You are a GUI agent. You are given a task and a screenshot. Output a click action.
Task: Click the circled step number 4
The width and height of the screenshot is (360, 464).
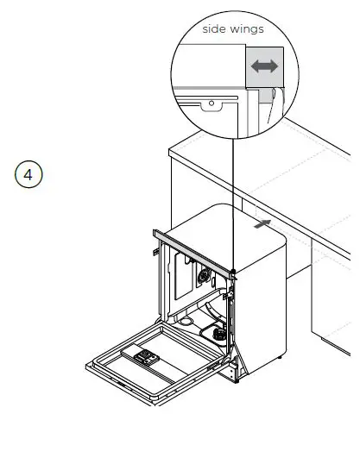tap(28, 174)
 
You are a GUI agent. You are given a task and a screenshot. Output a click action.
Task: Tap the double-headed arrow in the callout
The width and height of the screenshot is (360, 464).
tap(263, 66)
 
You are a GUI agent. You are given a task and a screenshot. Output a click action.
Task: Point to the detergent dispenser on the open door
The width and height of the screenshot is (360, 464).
tap(140, 354)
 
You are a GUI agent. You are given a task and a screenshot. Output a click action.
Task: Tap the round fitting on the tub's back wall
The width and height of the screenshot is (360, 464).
tap(205, 277)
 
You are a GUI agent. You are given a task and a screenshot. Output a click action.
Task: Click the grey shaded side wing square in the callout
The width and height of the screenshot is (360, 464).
tap(263, 66)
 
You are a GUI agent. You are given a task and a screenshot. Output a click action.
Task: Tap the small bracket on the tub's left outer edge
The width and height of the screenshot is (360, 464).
tap(153, 252)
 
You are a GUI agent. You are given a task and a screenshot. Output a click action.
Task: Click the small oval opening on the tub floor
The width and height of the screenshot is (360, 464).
tap(185, 320)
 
